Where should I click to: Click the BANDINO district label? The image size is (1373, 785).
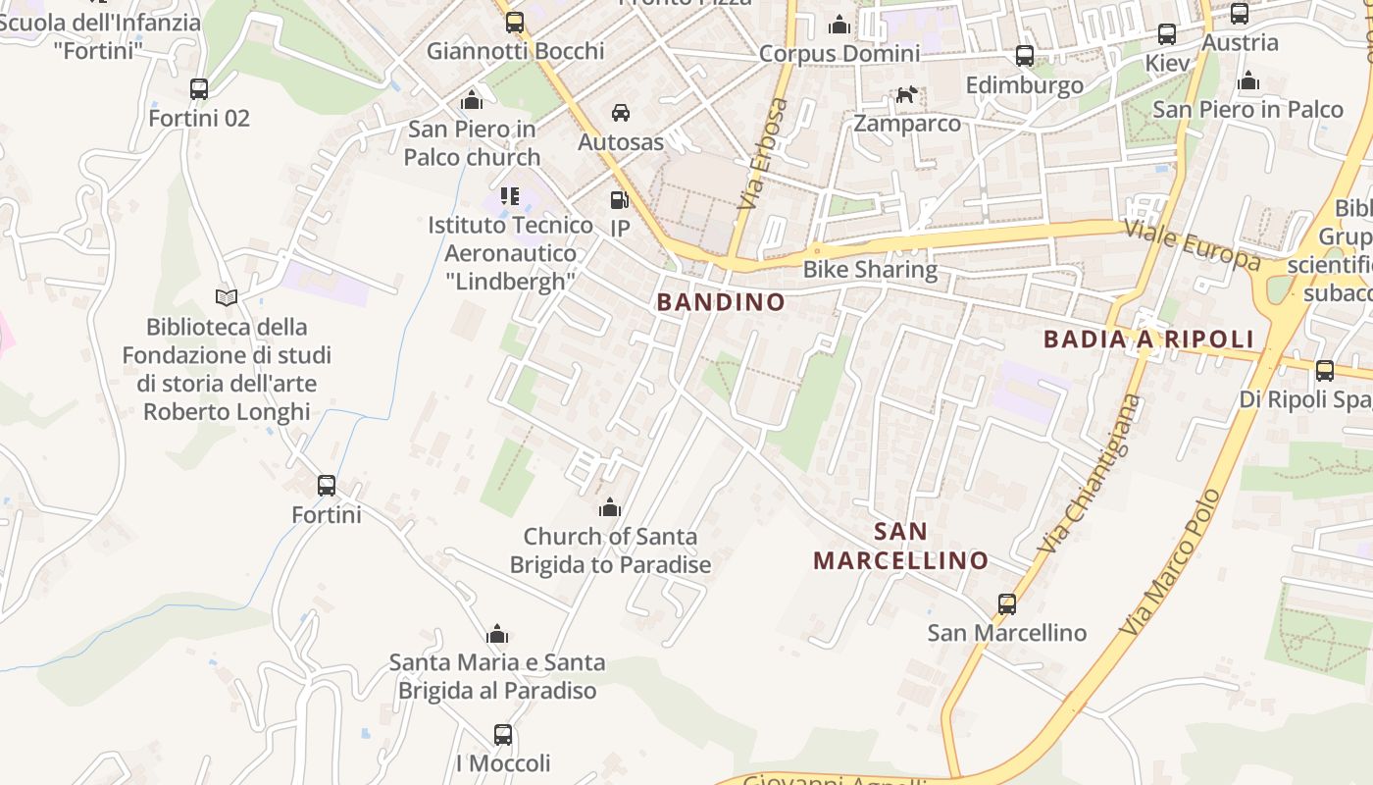(721, 302)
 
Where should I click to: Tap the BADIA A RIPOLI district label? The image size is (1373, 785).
(1148, 340)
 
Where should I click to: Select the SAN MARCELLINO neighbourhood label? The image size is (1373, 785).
(900, 547)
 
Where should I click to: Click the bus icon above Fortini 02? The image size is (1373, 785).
(199, 89)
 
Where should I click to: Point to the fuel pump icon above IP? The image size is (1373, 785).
(619, 200)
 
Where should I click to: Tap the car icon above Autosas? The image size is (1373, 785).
(621, 114)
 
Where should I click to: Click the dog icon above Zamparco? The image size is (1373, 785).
(907, 95)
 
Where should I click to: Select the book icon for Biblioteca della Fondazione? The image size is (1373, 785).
(227, 297)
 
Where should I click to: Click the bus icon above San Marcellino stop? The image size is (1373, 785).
(1007, 604)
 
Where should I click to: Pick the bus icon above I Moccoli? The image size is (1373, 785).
(503, 735)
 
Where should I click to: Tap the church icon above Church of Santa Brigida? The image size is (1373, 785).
(610, 507)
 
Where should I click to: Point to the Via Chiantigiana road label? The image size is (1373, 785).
(1092, 473)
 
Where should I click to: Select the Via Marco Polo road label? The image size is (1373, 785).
(1171, 561)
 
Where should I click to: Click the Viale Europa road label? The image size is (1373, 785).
(1193, 244)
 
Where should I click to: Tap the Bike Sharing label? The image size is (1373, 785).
(870, 269)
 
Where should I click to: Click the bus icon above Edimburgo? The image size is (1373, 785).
(1025, 56)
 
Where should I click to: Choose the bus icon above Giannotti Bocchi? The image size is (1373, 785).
(515, 23)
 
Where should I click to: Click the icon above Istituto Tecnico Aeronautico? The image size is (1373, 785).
(509, 196)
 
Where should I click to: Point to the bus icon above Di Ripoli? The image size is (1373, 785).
(1325, 371)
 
